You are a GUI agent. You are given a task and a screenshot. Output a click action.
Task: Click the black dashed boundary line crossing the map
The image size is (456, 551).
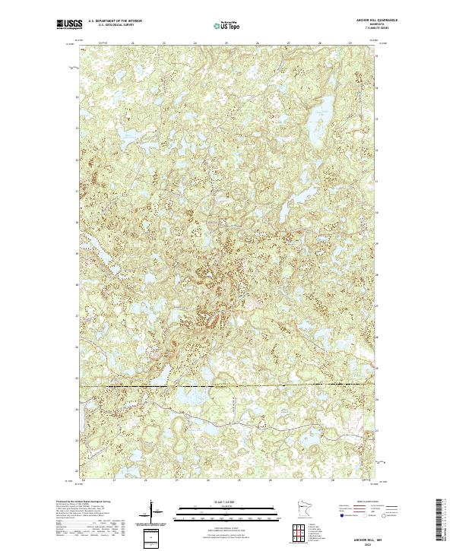coord(228,386)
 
